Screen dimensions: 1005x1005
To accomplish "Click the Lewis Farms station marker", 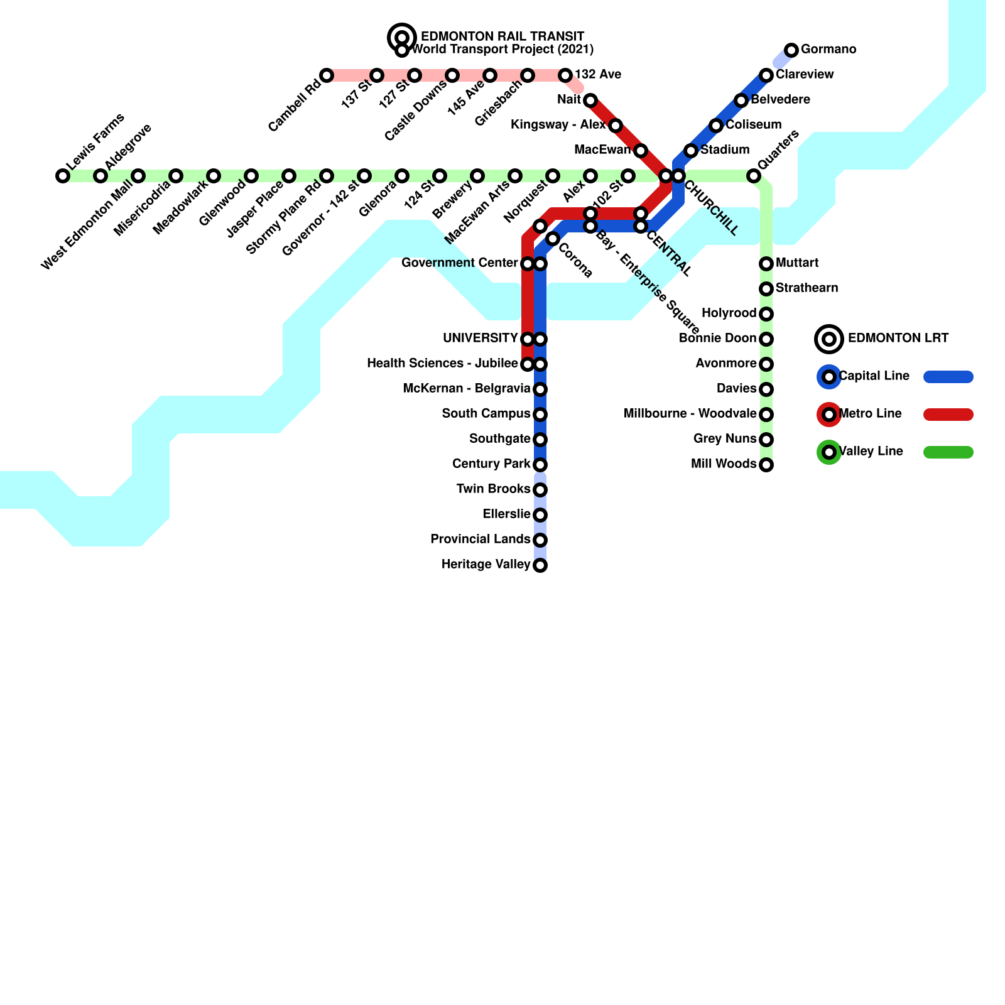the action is [x=63, y=176].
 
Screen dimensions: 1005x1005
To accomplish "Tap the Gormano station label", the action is [x=828, y=50].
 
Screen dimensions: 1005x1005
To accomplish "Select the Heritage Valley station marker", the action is [x=540, y=565].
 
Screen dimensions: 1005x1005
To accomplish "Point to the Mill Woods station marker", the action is [x=766, y=465].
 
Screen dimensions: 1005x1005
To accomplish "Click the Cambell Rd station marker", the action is [x=327, y=75].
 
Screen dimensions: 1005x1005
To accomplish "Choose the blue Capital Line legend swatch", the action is [x=948, y=377].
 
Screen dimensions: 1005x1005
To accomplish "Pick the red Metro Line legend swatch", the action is [x=948, y=415].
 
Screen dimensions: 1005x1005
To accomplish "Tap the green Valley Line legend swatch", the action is [x=948, y=452].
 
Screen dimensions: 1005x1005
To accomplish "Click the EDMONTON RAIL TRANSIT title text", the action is [x=503, y=37].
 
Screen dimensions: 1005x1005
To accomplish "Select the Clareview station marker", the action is [x=766, y=75].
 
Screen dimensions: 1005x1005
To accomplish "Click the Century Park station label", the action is [x=491, y=464].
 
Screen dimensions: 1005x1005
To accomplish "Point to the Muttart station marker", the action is [x=766, y=264].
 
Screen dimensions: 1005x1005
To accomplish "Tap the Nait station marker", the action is [x=590, y=100].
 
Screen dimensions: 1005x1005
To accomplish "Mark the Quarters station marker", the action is [x=754, y=176].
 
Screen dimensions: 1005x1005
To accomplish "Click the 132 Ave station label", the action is [x=597, y=75].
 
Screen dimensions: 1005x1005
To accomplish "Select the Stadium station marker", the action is [x=691, y=151].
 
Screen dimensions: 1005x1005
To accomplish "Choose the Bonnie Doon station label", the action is [x=717, y=339].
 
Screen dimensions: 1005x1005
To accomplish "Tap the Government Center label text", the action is [x=459, y=263].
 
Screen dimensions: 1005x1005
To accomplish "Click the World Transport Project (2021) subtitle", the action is [x=503, y=50].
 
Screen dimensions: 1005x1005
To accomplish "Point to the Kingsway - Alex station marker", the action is [x=616, y=126].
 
